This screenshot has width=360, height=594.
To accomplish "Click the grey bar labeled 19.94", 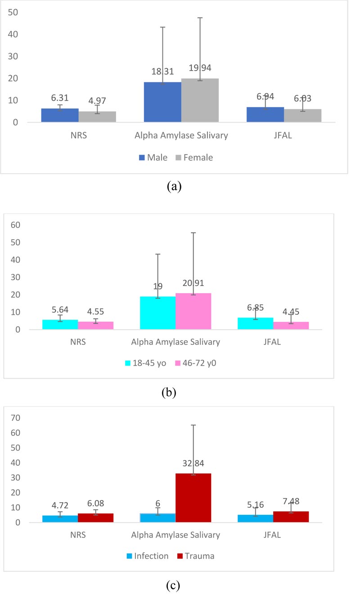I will point(200,100).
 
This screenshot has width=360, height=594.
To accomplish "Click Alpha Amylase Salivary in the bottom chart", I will point(175,535).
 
